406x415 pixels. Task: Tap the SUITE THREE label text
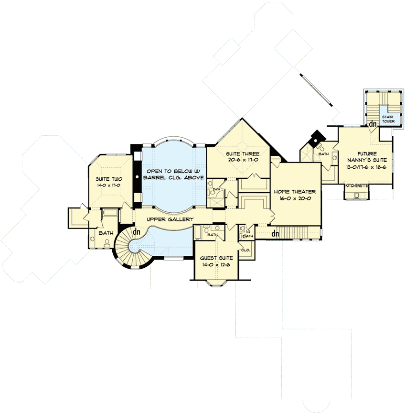pos(242,154)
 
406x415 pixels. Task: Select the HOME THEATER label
pos(294,191)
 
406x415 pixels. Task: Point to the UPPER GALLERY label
pos(170,219)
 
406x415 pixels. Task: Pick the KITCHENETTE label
pos(357,185)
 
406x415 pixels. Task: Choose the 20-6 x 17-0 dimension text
pos(242,160)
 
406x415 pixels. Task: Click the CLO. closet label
pos(246,250)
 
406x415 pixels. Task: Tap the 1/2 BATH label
pos(247,234)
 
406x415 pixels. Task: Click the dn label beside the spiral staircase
pos(137,232)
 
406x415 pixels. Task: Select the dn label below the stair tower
pos(373,124)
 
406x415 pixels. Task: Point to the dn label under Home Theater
pos(276,233)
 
